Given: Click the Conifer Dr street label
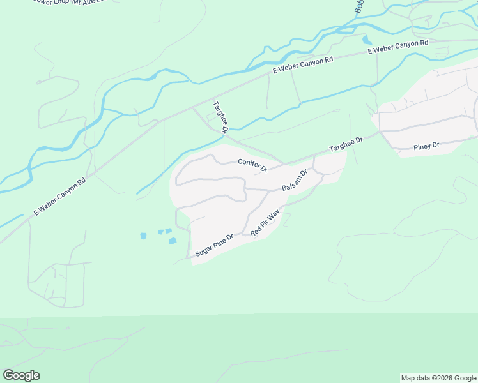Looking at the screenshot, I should (x=252, y=165).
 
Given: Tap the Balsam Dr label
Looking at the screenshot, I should (x=295, y=180).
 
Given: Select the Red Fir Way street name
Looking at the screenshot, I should (x=265, y=223).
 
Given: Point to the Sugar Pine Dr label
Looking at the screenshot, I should (x=214, y=244).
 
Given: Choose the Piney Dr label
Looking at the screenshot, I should (x=426, y=146).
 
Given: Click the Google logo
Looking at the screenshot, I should (x=21, y=375).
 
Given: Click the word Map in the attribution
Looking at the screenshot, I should (x=409, y=378).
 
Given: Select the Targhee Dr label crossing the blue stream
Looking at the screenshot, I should (x=221, y=116).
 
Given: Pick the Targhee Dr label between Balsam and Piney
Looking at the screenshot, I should (x=346, y=143).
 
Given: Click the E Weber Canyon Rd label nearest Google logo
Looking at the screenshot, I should (x=60, y=197).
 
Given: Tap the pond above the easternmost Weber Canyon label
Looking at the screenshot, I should (x=367, y=40).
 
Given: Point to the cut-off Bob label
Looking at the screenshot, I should (x=359, y=6).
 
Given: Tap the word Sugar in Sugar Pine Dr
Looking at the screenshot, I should (x=203, y=250).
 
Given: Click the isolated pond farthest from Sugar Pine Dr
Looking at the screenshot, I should (x=143, y=236).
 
